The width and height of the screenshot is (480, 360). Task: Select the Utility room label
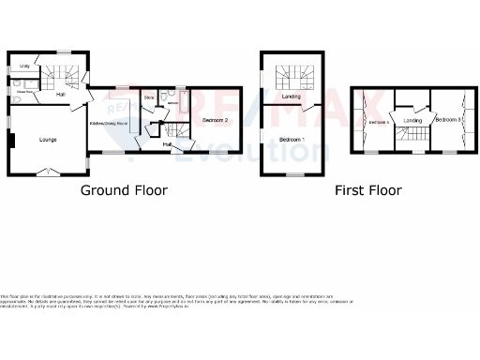tap(25, 67)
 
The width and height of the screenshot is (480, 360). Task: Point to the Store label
tap(148, 97)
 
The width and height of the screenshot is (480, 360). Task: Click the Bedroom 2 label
tap(216, 120)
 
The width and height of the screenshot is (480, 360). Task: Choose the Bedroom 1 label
tap(292, 139)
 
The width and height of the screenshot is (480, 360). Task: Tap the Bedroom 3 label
tap(447, 120)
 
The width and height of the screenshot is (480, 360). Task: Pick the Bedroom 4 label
tap(377, 123)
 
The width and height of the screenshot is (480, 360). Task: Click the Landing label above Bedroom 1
tap(292, 97)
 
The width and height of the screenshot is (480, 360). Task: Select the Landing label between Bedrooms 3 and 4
tap(413, 120)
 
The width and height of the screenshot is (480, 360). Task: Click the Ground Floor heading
tap(124, 190)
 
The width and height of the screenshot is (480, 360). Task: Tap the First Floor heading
tap(368, 190)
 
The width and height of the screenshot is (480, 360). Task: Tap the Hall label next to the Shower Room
tap(60, 95)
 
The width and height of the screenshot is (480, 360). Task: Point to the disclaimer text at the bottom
tap(178, 301)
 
